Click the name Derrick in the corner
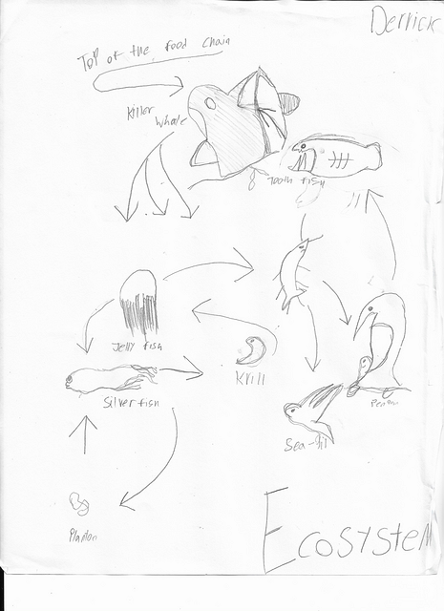(402, 22)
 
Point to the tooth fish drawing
(334, 157)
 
